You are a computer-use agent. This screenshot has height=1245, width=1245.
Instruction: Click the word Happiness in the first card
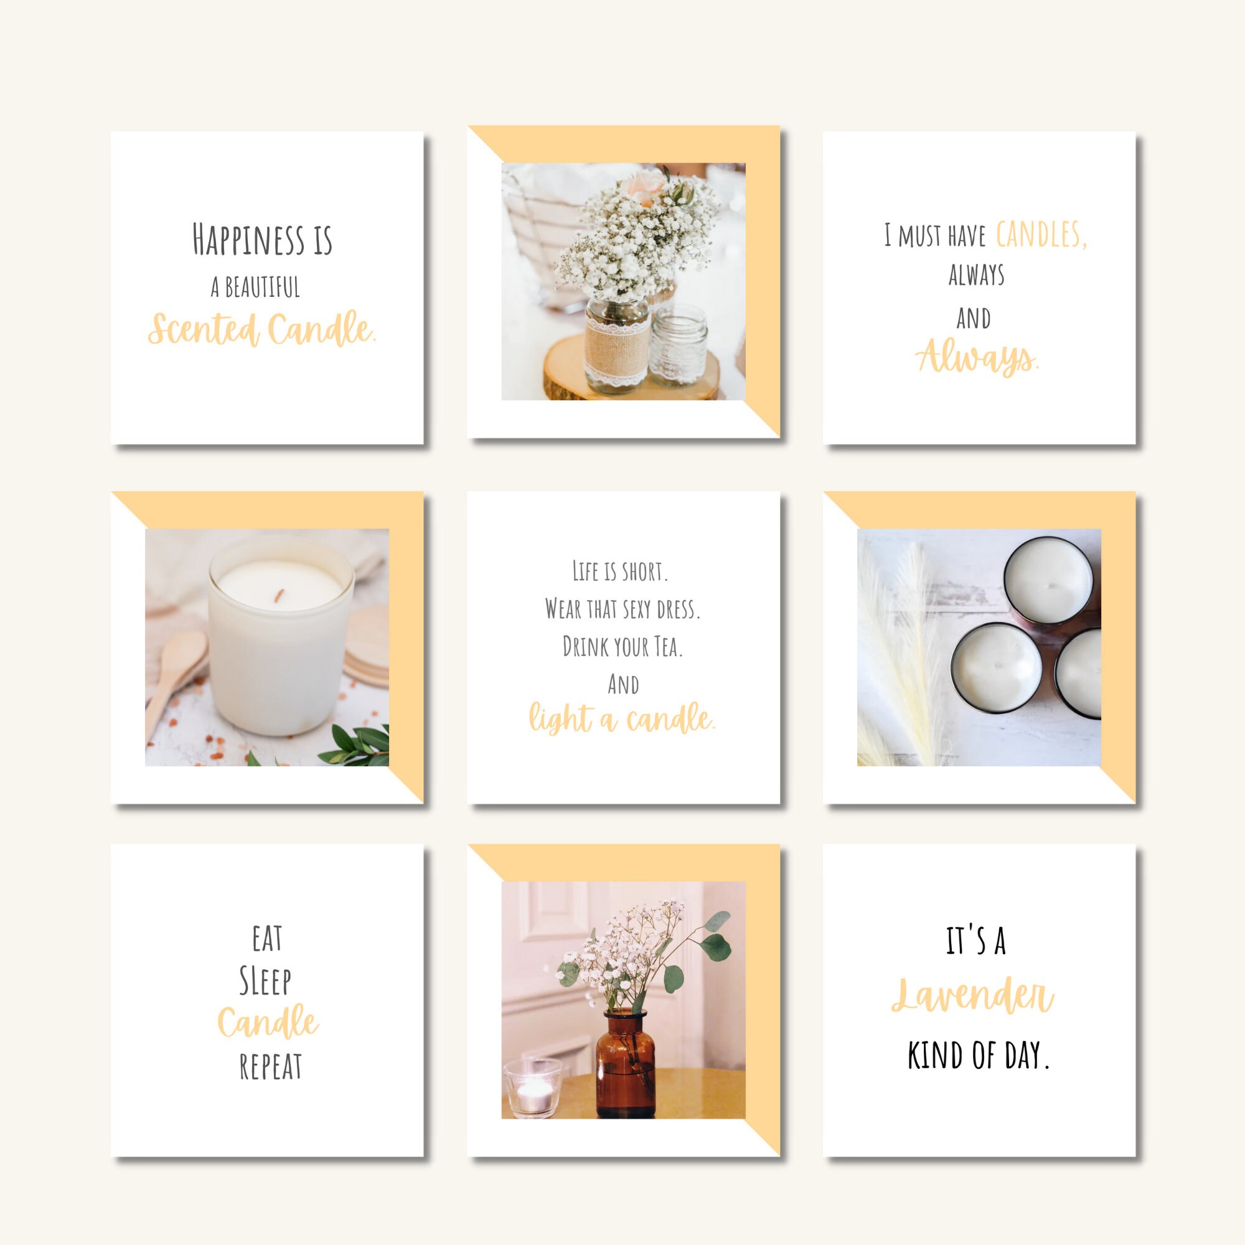[x=248, y=240]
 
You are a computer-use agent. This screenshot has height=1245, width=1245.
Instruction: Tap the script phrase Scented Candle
[x=261, y=329]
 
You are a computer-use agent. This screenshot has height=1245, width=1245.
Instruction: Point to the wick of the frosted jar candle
[x=280, y=594]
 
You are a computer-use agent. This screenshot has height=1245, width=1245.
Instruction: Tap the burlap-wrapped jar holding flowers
[x=617, y=348]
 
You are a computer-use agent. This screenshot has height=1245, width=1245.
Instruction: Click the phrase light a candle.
[x=622, y=718]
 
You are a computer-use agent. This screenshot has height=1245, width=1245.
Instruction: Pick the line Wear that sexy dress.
[x=622, y=609]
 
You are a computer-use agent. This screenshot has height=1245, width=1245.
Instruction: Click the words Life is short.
[x=620, y=571]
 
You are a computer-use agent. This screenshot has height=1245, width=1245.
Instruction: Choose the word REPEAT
[x=271, y=1066]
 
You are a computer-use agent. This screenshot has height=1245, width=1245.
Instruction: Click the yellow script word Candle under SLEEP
[x=268, y=1023]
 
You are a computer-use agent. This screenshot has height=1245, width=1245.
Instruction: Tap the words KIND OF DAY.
[x=978, y=1056]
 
